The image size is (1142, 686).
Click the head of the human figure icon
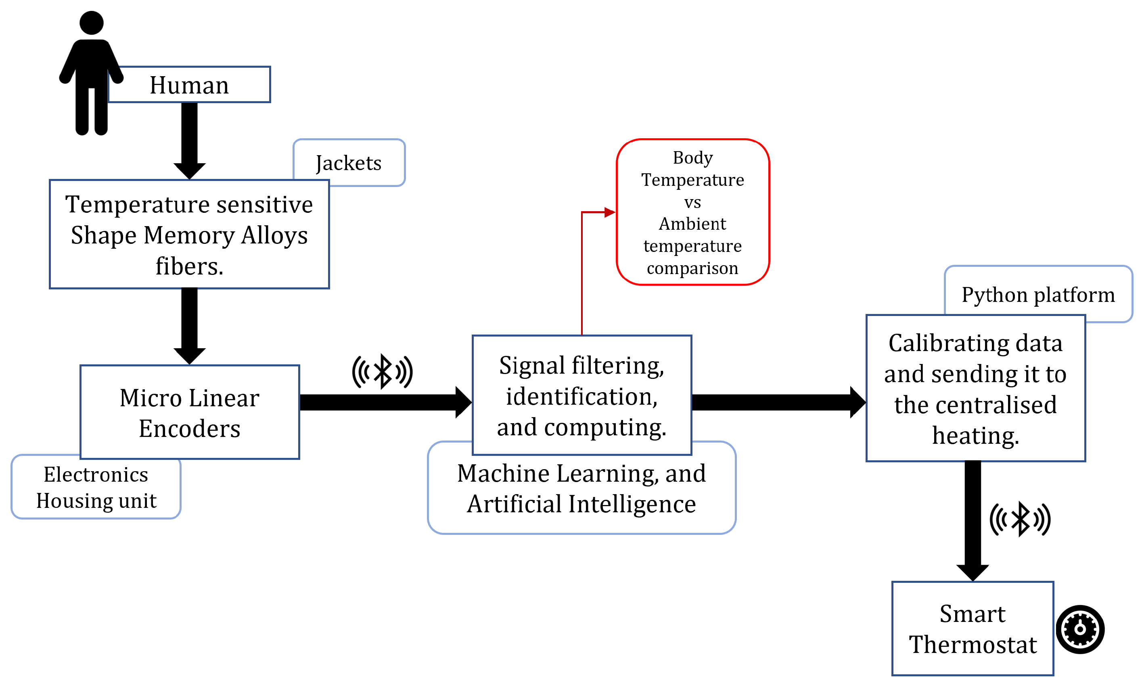coord(91,23)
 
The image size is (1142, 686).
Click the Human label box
coord(189,85)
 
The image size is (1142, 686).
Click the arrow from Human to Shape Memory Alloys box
coord(189,139)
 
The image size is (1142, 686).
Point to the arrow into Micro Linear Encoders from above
coord(189,324)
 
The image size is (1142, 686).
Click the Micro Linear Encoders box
coord(189,412)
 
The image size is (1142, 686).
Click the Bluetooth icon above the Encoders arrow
coord(382,371)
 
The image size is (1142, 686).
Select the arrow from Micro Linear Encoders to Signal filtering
coord(384,402)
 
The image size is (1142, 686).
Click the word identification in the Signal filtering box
coord(581,396)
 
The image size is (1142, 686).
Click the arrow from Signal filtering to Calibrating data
coord(777,402)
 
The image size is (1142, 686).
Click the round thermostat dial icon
coord(1079,629)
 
